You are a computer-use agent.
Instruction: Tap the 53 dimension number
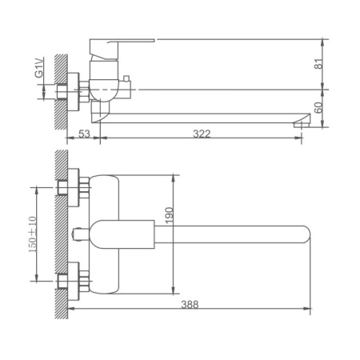click(84, 134)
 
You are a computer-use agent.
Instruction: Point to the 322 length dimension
click(202, 134)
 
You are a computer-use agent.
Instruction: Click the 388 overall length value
click(190, 303)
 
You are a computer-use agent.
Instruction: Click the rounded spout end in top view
click(301, 235)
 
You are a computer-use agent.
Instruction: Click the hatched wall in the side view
click(57, 88)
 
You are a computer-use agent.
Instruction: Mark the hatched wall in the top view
click(57, 232)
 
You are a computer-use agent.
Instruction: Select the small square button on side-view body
click(126, 77)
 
